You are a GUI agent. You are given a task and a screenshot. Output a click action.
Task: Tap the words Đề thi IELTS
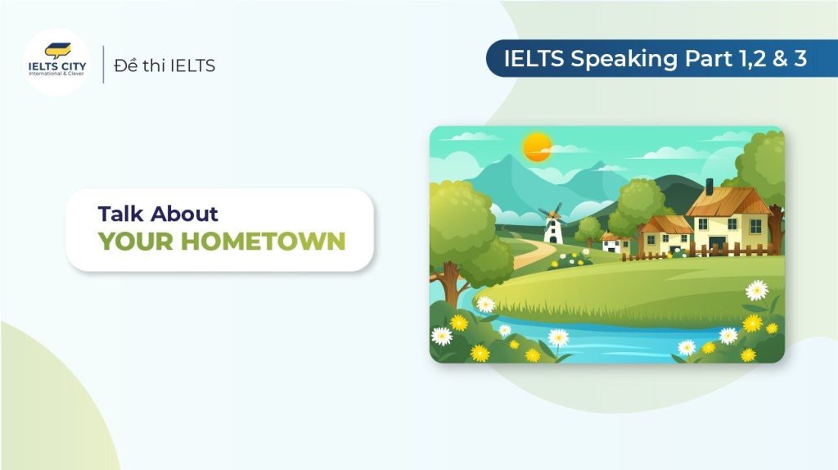coord(164,66)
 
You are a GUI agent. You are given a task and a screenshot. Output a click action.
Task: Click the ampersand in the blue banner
coord(780,58)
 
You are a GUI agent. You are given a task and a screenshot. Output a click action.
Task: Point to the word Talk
coord(121,214)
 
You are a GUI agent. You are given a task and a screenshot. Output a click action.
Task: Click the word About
coord(184,214)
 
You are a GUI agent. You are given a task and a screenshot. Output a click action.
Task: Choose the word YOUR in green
coord(136,242)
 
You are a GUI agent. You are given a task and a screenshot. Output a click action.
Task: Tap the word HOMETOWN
coord(263,242)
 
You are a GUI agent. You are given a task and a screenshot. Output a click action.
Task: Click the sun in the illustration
coord(537,147)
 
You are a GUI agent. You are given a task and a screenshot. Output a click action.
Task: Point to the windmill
coord(552,224)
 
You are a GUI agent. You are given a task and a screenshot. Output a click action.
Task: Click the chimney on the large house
coord(710,187)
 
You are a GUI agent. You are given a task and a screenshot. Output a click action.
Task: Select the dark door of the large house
coord(717,244)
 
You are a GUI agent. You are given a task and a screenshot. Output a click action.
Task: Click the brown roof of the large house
coord(728,201)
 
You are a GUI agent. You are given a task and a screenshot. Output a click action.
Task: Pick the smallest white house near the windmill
coord(615,242)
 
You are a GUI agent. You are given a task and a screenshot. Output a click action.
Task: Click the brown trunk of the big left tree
coord(450,283)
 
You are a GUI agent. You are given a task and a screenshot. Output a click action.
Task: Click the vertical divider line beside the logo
coord(103,64)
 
